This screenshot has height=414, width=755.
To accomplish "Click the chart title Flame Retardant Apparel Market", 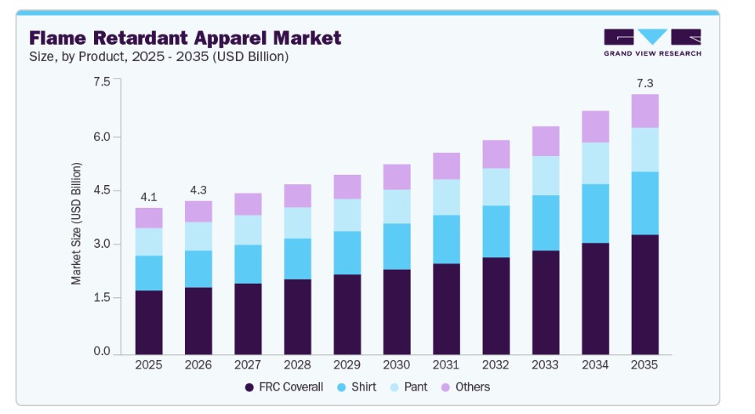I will point(185,38).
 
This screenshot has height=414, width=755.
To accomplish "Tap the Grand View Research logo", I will point(652,42).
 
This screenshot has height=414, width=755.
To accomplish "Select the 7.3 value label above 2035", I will point(645,83).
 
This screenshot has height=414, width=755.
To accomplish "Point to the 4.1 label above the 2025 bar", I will point(149,197).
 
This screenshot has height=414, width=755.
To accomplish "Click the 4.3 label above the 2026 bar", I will point(198,190).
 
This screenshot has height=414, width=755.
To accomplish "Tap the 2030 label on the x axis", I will point(397,365).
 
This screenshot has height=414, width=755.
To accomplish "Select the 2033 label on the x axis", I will point(546,365).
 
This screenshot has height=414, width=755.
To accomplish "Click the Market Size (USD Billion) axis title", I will point(77,223).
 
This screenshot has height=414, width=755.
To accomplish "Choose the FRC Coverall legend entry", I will point(284,387).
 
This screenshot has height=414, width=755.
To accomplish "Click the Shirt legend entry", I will point(359,387).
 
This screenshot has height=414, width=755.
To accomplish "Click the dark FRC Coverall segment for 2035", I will point(645,294).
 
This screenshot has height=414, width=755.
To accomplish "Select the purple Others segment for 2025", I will point(149,218).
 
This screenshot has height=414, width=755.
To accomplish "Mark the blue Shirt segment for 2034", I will point(596,213).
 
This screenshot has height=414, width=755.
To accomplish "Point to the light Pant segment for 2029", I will point(347,215).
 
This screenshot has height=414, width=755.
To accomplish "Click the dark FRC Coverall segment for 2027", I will point(249,318).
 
